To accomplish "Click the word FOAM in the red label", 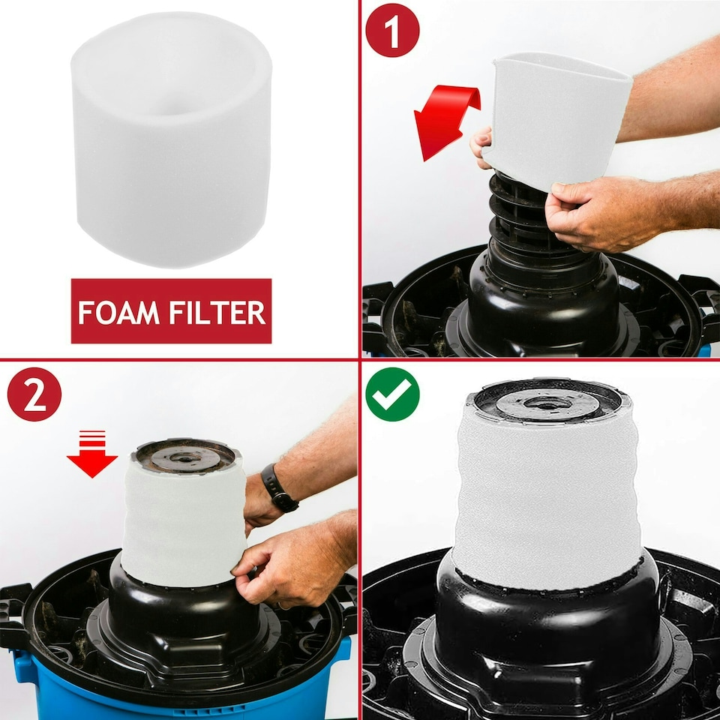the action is point(118,312).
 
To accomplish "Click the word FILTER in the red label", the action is point(217,312).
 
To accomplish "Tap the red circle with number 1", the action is point(392,30).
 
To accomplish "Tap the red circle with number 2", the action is point(34,394).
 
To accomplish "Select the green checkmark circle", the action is point(392,394).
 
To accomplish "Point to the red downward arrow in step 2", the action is point(92,454).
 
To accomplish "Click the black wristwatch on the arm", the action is point(279,488).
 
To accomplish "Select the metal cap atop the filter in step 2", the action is point(184,457).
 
